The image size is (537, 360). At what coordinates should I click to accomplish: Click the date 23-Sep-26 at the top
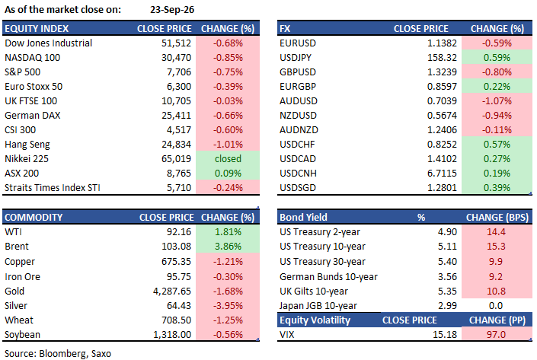tap(172, 10)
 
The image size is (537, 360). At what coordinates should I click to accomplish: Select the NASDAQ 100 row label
tap(33, 58)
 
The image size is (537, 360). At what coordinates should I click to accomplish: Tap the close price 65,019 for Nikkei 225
tap(176, 159)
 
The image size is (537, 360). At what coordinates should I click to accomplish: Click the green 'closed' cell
tap(228, 159)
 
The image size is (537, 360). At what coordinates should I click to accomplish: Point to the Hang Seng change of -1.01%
tap(228, 145)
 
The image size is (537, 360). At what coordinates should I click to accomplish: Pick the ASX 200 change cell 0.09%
tap(228, 174)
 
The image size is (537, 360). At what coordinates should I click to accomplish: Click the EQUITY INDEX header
tap(37, 29)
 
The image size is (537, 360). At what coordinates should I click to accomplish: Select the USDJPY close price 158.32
tap(442, 58)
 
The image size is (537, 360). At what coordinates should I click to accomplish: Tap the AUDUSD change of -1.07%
tap(497, 101)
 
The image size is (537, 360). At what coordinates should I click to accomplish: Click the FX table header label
tap(285, 29)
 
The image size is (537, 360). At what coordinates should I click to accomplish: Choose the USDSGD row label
tap(298, 188)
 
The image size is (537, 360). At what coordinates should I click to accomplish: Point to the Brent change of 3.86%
tap(228, 247)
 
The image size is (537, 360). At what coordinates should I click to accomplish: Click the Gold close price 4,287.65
tap(172, 292)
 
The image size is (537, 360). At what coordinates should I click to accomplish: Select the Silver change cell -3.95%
tap(228, 306)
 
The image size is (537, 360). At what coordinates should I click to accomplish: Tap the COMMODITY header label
tap(34, 218)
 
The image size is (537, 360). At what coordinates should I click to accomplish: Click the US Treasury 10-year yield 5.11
tap(447, 247)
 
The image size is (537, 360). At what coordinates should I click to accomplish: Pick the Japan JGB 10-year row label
tap(318, 306)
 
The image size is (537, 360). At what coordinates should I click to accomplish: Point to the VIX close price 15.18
tap(445, 334)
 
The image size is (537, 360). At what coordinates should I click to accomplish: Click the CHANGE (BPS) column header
tap(497, 218)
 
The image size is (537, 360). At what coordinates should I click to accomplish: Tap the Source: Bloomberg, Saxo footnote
tap(58, 353)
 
